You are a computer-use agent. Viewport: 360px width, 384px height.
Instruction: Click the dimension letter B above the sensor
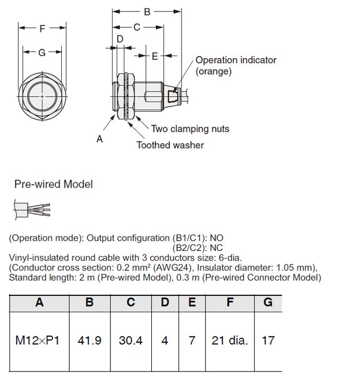point(147,12)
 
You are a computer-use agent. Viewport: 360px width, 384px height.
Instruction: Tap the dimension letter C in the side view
point(137,27)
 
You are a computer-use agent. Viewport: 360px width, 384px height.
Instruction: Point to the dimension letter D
point(120,39)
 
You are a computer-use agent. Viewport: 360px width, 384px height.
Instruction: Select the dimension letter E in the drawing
point(155,56)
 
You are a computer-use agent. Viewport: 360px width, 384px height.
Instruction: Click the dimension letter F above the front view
point(42,29)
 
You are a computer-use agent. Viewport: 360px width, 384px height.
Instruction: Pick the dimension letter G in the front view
point(42,52)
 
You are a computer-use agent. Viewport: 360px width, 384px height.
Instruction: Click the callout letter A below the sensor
point(99,139)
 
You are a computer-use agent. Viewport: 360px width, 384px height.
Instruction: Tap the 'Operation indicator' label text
point(235,60)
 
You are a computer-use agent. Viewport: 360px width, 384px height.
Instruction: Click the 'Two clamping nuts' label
point(190,129)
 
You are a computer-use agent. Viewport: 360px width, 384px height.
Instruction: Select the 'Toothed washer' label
point(170,145)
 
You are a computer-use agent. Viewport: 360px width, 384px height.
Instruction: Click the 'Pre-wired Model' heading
point(53,184)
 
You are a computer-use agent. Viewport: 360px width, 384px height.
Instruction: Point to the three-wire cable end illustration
point(32,209)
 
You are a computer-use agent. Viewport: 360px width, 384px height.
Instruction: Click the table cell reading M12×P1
point(38,341)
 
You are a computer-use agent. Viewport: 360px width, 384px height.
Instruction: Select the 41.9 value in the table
point(89,341)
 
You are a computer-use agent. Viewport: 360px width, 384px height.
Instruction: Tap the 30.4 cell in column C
point(131,341)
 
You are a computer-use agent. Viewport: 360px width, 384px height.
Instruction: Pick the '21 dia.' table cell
point(230,341)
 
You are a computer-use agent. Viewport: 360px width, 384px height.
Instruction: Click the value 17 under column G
point(268,341)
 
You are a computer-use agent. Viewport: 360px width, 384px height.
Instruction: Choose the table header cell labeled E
point(192,303)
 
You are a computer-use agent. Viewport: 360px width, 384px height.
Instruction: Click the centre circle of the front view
point(42,96)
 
